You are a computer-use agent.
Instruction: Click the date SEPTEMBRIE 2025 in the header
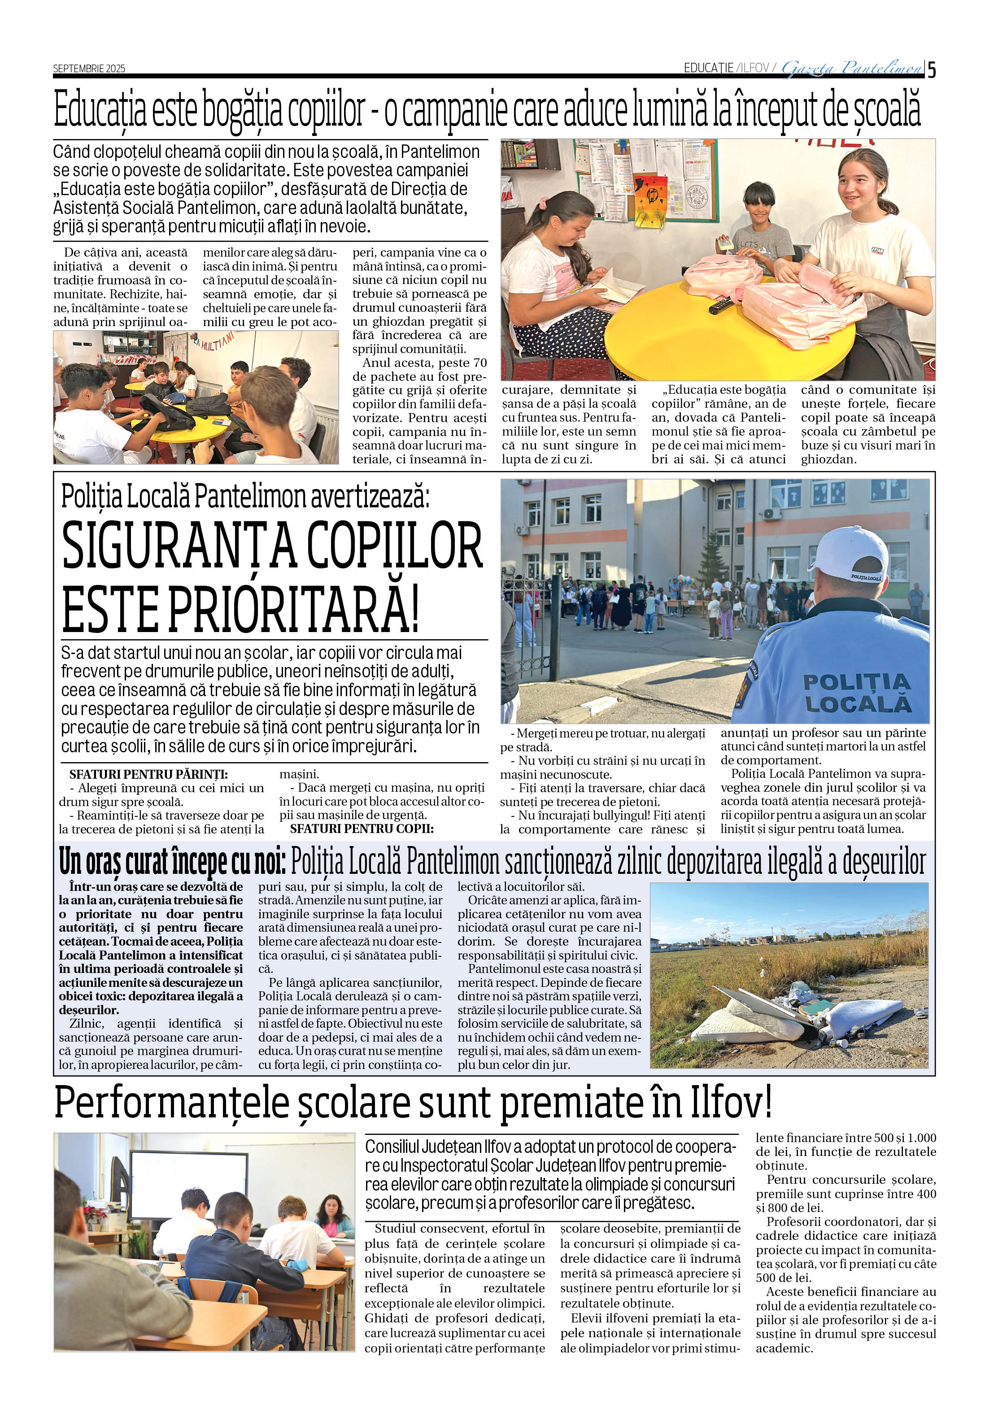coord(89,68)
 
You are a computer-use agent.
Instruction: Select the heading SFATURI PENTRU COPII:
coord(362,829)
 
